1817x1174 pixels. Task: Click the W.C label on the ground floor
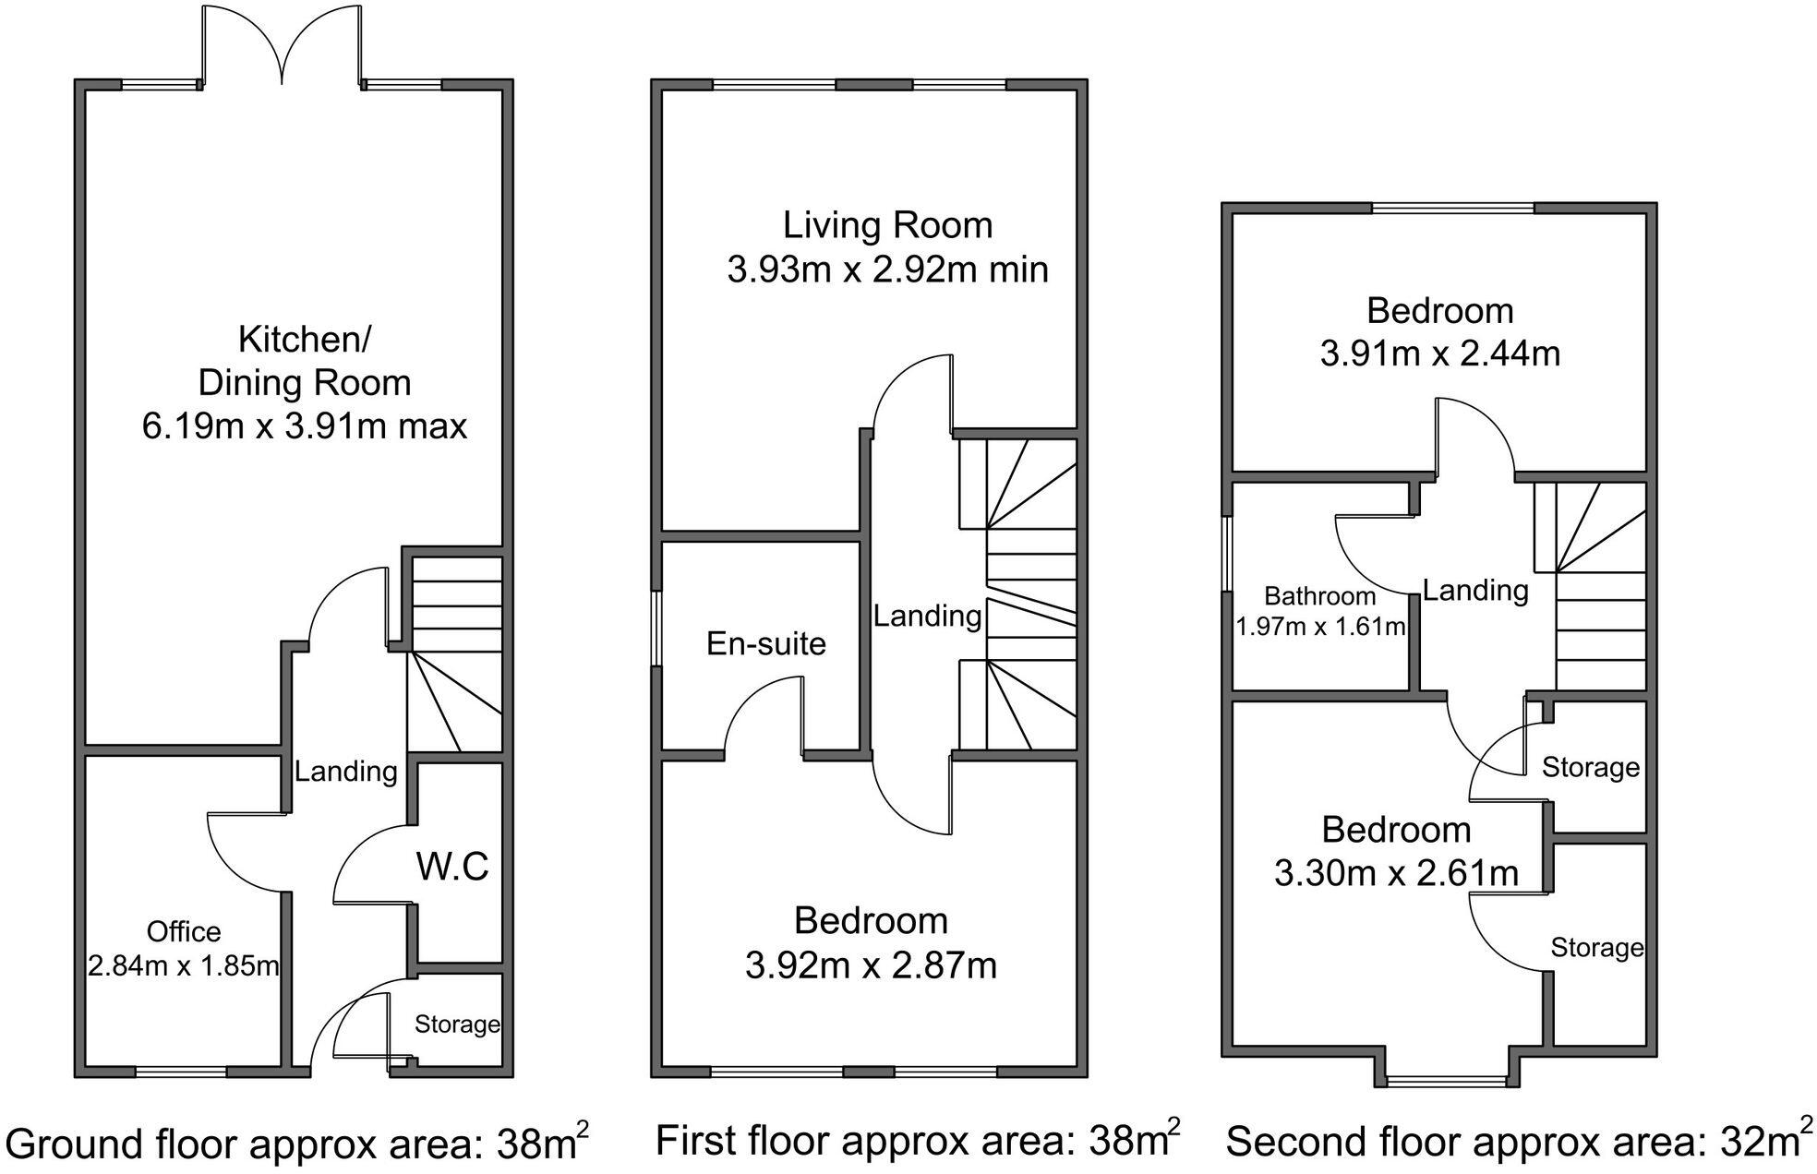click(452, 867)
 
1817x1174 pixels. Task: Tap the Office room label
click(184, 931)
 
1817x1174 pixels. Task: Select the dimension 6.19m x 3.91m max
click(305, 426)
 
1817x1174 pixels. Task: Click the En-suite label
click(766, 643)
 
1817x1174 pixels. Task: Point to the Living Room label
click(887, 225)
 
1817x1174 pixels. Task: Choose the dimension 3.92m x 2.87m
click(871, 965)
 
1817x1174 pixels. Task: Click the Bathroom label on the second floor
click(1320, 596)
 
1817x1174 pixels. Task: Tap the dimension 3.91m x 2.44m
click(1439, 353)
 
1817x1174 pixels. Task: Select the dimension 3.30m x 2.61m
click(1396, 872)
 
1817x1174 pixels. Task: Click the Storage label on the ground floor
click(457, 1024)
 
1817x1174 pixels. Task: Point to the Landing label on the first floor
click(927, 616)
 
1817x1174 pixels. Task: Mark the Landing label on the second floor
click(1475, 590)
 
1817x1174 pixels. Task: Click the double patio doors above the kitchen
click(282, 46)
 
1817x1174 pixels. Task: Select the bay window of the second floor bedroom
click(1446, 1081)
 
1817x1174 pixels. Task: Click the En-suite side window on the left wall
click(656, 629)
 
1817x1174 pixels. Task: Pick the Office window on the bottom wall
click(181, 1072)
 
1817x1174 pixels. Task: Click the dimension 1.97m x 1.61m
click(1320, 628)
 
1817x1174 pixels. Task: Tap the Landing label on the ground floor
click(345, 771)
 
